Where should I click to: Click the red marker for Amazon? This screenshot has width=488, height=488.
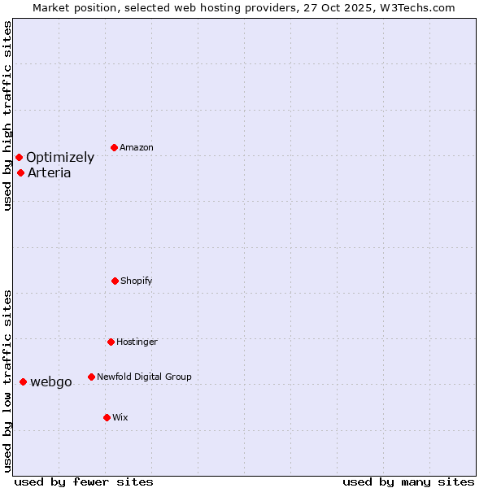pos(114,147)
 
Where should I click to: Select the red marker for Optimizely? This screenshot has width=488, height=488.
pos(19,157)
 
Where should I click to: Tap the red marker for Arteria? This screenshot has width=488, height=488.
pos(20,172)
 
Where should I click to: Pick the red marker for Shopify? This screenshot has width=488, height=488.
pos(115,281)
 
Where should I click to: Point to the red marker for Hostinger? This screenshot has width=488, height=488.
pos(111,342)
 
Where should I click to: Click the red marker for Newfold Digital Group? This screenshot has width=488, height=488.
pos(91,377)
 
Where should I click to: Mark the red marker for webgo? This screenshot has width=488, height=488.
pos(23,381)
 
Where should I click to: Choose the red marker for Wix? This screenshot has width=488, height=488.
pos(107,417)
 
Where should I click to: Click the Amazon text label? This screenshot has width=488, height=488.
pos(137,147)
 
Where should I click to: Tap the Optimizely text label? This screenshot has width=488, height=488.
pos(60,158)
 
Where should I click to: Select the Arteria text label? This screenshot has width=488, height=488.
pos(50,172)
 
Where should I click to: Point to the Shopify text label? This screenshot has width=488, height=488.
pos(137,281)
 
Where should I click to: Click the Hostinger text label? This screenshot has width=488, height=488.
pos(137,342)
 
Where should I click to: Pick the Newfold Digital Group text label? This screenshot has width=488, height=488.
pos(144,377)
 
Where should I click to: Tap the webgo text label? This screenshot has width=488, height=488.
pos(51,382)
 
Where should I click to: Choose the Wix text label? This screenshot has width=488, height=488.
pos(120,417)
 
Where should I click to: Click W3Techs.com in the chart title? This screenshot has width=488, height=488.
pos(414,7)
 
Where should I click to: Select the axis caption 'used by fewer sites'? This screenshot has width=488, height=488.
pos(84,481)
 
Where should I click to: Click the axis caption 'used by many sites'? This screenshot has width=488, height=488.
pos(408,481)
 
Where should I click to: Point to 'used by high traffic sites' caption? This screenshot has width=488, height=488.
pos(7,115)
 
